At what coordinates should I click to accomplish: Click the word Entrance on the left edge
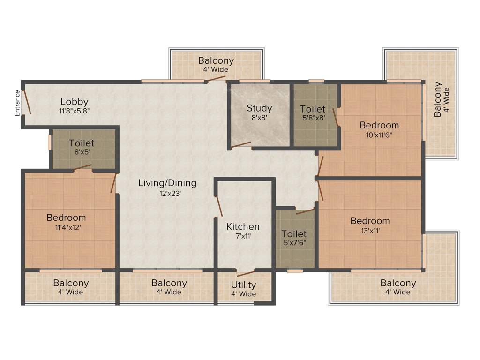[x=17, y=103]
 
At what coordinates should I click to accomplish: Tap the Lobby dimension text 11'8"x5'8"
[x=75, y=112]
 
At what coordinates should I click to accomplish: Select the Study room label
[x=259, y=108]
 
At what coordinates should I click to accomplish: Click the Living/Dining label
[x=167, y=183]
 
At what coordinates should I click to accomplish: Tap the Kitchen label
[x=243, y=227]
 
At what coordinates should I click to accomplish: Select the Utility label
[x=244, y=285]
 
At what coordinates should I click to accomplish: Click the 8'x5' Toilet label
[x=82, y=143]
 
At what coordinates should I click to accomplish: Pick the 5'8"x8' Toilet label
[x=313, y=109]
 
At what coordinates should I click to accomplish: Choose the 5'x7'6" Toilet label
[x=294, y=233]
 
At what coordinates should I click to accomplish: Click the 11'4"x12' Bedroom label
[x=66, y=217]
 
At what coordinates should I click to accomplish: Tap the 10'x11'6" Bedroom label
[x=379, y=125]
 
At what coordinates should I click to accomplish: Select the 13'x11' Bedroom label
[x=370, y=221]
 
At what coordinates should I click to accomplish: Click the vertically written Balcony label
[x=437, y=99]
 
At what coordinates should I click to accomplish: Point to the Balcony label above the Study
[x=216, y=60]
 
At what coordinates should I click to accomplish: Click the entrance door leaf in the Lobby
[x=28, y=102]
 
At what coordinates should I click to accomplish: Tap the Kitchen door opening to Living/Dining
[x=218, y=206]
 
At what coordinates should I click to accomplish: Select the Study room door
[x=241, y=145]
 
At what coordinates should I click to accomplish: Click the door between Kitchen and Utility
[x=246, y=274]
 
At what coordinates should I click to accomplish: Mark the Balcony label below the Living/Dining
[x=169, y=283]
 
